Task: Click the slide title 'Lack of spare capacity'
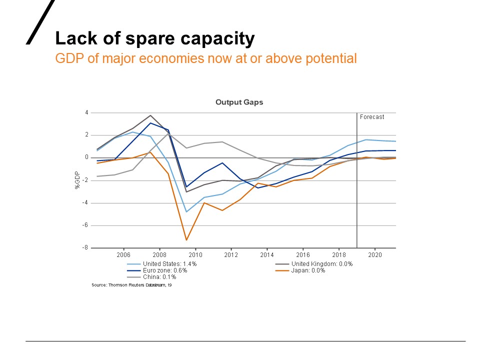(154, 38)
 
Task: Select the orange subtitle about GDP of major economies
(205, 58)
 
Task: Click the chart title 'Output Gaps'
(239, 102)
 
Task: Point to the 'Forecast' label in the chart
(372, 117)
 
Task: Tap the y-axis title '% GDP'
(77, 180)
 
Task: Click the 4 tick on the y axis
(86, 112)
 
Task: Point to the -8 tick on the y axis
(85, 247)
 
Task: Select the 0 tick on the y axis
(86, 157)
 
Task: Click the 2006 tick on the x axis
(123, 254)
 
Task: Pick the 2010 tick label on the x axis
(195, 254)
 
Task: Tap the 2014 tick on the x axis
(267, 254)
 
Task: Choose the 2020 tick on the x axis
(375, 254)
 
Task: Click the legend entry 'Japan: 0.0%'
(308, 270)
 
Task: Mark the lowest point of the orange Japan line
(186, 240)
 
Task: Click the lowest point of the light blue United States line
(186, 211)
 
